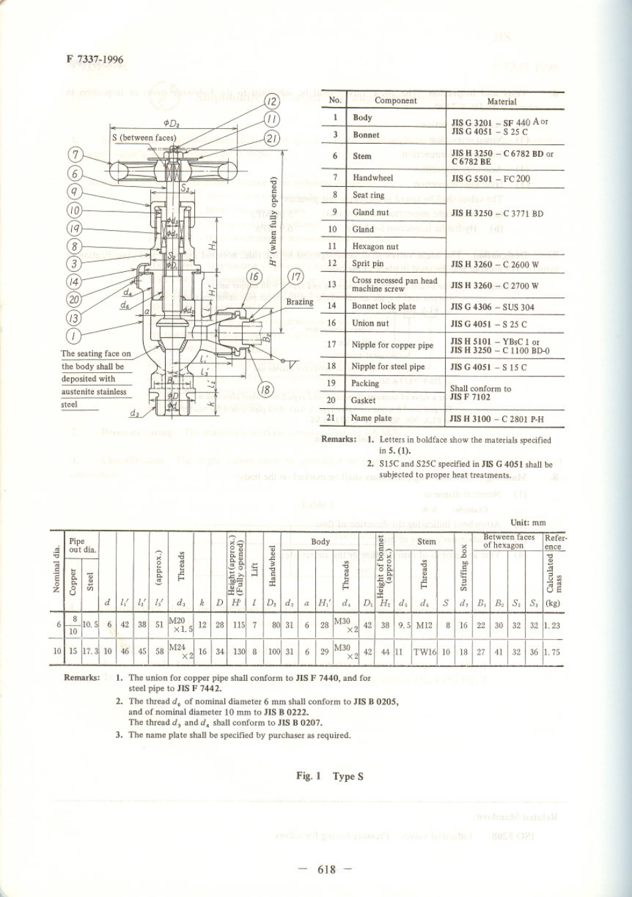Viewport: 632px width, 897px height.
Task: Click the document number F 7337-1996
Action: [x=94, y=59]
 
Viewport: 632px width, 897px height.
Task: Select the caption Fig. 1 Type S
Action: [x=329, y=776]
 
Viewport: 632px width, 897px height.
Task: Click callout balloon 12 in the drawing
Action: [x=273, y=102]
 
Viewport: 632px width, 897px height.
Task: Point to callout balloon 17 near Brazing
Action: [x=295, y=277]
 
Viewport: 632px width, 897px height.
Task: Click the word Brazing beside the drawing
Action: [x=299, y=302]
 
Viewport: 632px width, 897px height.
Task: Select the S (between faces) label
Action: [x=144, y=138]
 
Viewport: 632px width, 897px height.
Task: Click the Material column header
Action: [x=502, y=101]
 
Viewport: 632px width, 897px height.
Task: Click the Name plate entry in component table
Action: [x=372, y=418]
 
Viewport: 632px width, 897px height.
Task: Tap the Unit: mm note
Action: [x=528, y=523]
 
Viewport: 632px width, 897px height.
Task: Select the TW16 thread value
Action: [x=424, y=652]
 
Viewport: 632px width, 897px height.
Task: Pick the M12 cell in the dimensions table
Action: [x=424, y=625]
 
